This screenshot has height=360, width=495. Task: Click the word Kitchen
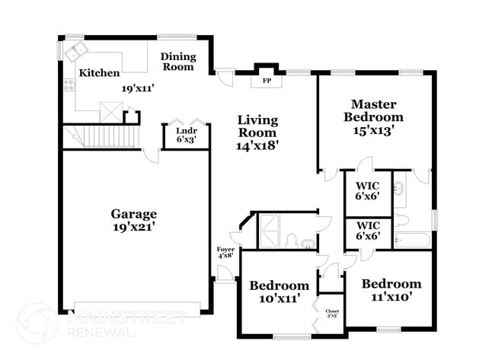click(x=99, y=73)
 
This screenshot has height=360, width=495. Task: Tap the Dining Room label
click(x=177, y=62)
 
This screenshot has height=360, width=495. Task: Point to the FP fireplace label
click(x=267, y=80)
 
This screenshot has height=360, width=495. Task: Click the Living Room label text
click(x=257, y=126)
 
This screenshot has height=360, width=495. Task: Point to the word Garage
click(x=135, y=214)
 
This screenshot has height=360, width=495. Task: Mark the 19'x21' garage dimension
click(x=135, y=227)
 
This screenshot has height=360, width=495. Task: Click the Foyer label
click(x=225, y=252)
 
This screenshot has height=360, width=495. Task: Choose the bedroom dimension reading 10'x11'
click(x=279, y=298)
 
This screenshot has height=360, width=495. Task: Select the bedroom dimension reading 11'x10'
click(x=391, y=297)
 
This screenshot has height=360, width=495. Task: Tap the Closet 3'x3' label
click(x=332, y=314)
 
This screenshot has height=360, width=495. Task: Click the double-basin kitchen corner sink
click(x=75, y=53)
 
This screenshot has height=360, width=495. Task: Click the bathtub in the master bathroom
click(x=412, y=241)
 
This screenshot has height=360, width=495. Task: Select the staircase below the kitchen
click(x=105, y=137)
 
